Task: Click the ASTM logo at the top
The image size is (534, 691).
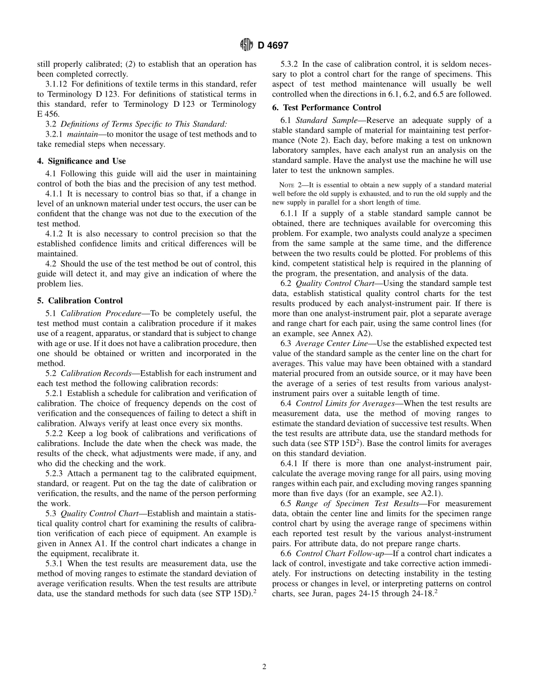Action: [246, 45]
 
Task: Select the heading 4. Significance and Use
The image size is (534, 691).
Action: [81, 161]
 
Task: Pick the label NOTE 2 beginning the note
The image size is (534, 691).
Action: [291, 185]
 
